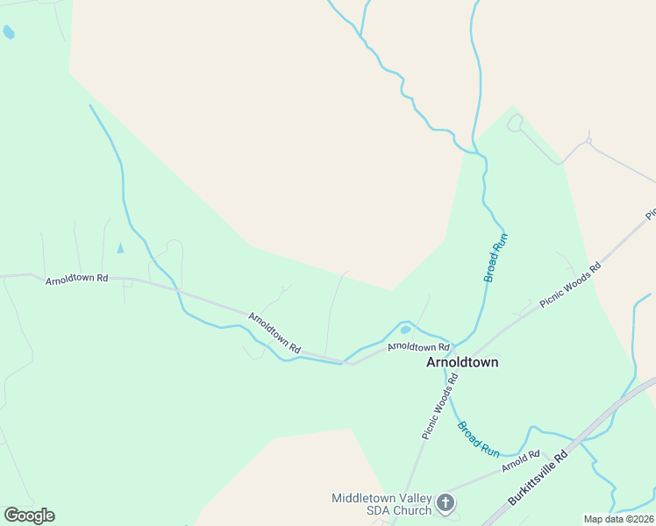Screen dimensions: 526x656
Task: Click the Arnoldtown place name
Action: tap(462, 362)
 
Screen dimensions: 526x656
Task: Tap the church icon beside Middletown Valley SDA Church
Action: tap(446, 503)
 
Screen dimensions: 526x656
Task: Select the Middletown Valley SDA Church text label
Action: tap(381, 504)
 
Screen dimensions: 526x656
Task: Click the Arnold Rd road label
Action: tap(521, 461)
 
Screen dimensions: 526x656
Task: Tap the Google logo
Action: tap(29, 515)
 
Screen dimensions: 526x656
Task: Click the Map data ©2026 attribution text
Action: tap(619, 519)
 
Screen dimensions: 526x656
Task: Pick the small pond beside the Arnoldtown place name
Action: tap(405, 331)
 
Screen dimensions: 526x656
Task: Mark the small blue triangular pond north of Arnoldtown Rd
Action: tap(120, 248)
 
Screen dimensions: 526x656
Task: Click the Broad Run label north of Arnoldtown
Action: tap(496, 257)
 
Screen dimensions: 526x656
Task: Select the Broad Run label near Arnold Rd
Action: tap(478, 439)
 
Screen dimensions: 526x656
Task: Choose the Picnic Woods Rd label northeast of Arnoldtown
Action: tap(570, 286)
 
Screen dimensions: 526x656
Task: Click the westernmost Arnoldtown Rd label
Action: tap(76, 278)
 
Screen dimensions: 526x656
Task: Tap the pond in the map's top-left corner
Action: tap(9, 32)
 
